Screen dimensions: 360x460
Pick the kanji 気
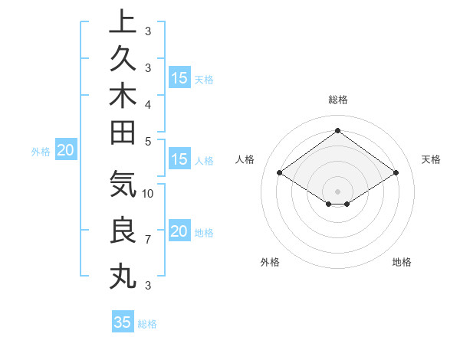(123, 183)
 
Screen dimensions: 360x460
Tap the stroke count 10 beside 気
(148, 193)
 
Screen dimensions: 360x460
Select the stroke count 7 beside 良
(148, 240)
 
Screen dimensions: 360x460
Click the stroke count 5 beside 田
(148, 141)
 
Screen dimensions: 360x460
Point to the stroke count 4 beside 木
(148, 104)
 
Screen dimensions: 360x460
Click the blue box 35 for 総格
(123, 322)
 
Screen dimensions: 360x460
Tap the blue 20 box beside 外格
(66, 151)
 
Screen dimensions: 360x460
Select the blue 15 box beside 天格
(179, 78)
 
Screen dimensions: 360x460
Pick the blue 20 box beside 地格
(179, 232)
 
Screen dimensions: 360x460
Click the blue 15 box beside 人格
(179, 160)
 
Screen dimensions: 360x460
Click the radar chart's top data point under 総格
(337, 130)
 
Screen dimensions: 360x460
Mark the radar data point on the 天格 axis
(396, 173)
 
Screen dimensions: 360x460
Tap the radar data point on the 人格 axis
(280, 173)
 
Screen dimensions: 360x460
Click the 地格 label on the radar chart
(402, 262)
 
